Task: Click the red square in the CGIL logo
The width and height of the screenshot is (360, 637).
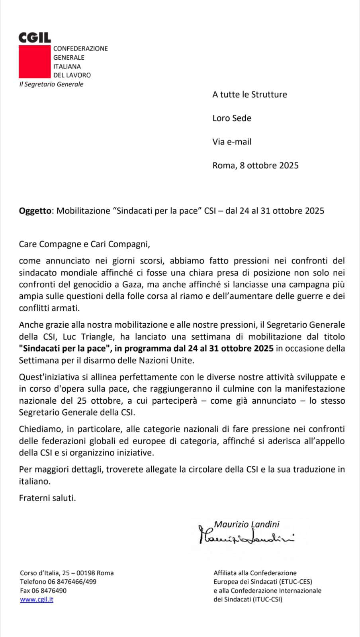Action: [35, 61]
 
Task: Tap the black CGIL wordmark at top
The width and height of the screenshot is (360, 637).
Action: [35, 38]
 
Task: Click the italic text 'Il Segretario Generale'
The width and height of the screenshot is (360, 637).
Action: [51, 84]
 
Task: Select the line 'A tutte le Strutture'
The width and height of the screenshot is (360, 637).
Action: [249, 94]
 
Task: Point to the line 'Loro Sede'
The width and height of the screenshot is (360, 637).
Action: [232, 118]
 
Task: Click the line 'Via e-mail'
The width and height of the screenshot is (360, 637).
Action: [232, 142]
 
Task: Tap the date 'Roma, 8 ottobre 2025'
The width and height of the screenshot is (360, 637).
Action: [255, 166]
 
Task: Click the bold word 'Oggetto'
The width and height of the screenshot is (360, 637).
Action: [35, 211]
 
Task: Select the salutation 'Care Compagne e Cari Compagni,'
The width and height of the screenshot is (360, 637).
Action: [84, 244]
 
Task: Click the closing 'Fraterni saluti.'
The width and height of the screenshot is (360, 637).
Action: [47, 498]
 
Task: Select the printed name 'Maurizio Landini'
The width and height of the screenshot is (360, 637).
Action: [247, 524]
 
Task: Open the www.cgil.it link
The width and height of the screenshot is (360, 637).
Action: [37, 599]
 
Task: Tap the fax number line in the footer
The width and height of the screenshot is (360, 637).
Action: [43, 590]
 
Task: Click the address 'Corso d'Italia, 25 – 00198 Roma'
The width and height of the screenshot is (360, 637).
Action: [67, 573]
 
